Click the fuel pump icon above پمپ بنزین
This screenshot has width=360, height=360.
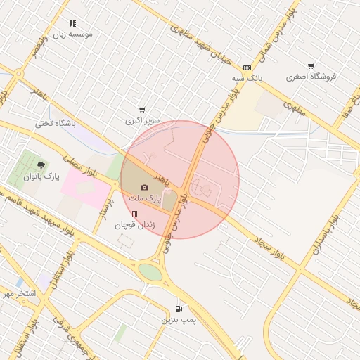pyautogui.click(x=178, y=309)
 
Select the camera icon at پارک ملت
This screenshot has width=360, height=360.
pyautogui.click(x=144, y=188)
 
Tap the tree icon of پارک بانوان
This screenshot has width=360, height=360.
pyautogui.click(x=42, y=166)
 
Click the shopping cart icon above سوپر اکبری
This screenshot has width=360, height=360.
pyautogui.click(x=142, y=110)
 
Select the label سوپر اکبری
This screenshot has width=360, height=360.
pyautogui.click(x=143, y=121)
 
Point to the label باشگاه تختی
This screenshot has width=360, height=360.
pyautogui.click(x=54, y=124)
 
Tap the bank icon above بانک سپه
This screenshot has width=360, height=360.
pyautogui.click(x=246, y=67)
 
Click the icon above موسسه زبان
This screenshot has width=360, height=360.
pyautogui.click(x=72, y=23)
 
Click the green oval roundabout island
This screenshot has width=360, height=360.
pyautogui.click(x=150, y=271)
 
